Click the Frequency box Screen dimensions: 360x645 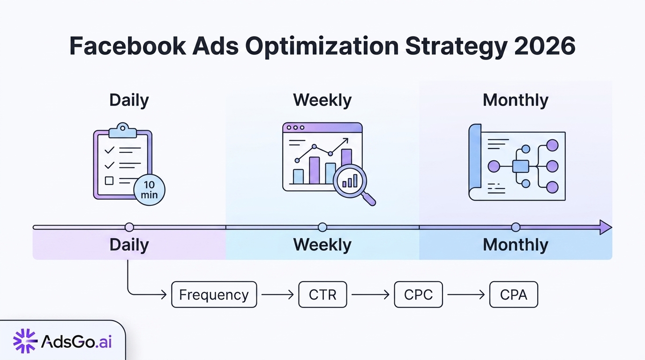[214, 294]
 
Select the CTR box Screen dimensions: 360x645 [322, 294]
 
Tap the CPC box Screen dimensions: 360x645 [418, 294]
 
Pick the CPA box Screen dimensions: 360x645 [513, 294]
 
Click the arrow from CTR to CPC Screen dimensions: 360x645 [370, 294]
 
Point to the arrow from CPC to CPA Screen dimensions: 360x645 [466, 294]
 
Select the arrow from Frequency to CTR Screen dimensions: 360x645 [277, 294]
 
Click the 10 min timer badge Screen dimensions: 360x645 [149, 189]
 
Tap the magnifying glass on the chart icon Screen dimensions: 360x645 [351, 180]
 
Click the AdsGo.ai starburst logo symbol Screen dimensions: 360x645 [25, 341]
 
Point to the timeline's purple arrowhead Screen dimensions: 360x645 [605, 227]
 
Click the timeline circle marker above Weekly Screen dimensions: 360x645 [322, 227]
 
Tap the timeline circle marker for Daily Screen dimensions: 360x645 [129, 227]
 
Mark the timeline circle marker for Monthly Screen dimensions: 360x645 [516, 227]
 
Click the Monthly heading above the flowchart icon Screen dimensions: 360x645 [515, 100]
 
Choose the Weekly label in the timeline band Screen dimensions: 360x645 [322, 245]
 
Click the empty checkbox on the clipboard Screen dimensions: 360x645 [109, 180]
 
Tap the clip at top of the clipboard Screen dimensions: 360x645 [122, 130]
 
